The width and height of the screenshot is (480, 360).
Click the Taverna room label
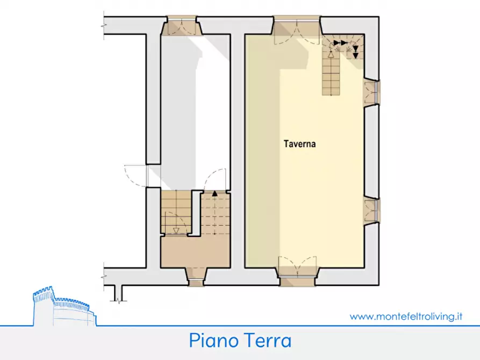(300, 144)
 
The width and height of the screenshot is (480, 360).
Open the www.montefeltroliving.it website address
(406, 316)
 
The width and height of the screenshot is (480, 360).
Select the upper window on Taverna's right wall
(371, 93)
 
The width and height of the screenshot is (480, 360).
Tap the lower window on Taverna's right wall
(371, 210)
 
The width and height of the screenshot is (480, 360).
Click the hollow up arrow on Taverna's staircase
(331, 54)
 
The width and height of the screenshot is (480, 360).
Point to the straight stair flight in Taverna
(331, 75)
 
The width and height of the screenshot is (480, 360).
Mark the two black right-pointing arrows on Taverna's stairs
(340, 42)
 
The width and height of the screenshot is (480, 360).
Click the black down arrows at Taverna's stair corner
(355, 52)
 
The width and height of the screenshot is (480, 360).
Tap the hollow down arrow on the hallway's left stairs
(176, 231)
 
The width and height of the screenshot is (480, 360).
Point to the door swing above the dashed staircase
(217, 179)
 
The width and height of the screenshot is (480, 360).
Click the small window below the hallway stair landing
(196, 275)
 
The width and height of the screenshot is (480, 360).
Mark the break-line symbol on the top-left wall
(103, 24)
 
